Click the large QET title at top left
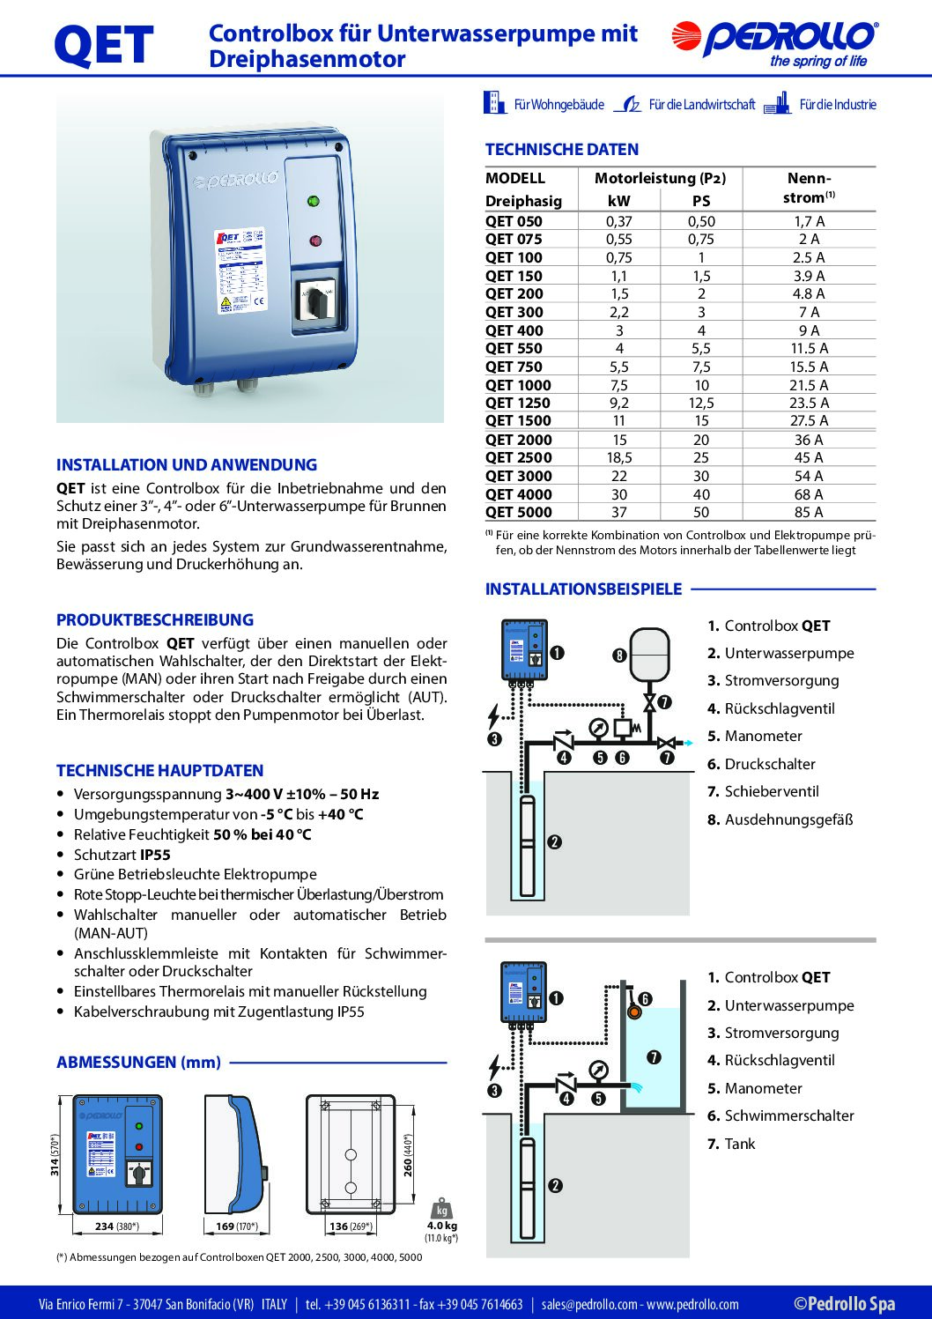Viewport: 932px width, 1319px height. pos(103,46)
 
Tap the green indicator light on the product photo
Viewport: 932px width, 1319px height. pos(313,201)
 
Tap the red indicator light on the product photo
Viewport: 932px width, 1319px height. pos(314,241)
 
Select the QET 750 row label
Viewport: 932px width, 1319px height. pos(514,367)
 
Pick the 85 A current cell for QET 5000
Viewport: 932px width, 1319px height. pos(809,512)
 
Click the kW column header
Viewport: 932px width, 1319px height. pos(618,201)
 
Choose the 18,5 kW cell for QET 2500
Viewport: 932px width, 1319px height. pos(618,457)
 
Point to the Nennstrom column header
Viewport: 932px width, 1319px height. pos(809,188)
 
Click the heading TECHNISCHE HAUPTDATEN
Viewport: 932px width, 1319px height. pos(159,770)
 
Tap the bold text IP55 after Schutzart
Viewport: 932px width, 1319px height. pos(155,855)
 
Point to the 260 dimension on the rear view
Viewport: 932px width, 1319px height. pos(408,1155)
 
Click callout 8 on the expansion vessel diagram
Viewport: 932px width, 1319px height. pos(619,656)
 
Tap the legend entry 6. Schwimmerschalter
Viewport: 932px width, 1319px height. pos(780,1115)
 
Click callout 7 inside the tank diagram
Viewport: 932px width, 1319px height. pos(654,1057)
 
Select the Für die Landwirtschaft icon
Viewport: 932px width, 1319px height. pos(627,104)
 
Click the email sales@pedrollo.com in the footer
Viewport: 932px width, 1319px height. pos(588,1304)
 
